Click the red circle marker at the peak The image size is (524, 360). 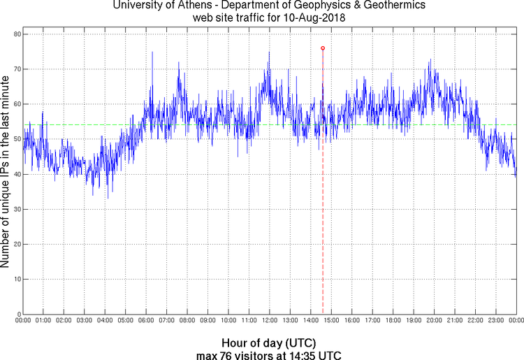tap(323, 48)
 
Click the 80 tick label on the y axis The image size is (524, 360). tap(16, 34)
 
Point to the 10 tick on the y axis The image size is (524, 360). tap(16, 279)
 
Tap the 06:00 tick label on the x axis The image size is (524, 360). tap(146, 321)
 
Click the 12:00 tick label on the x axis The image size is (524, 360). tap(269, 321)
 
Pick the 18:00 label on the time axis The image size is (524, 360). tap(393, 321)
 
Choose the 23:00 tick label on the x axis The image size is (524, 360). tap(495, 321)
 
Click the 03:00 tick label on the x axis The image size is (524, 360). tap(85, 321)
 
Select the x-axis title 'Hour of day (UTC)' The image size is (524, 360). tap(268, 343)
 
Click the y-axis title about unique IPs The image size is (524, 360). tap(6, 174)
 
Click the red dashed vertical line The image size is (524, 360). tap(323, 210)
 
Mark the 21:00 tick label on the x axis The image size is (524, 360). tap(454, 321)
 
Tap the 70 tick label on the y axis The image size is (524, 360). tap(16, 69)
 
